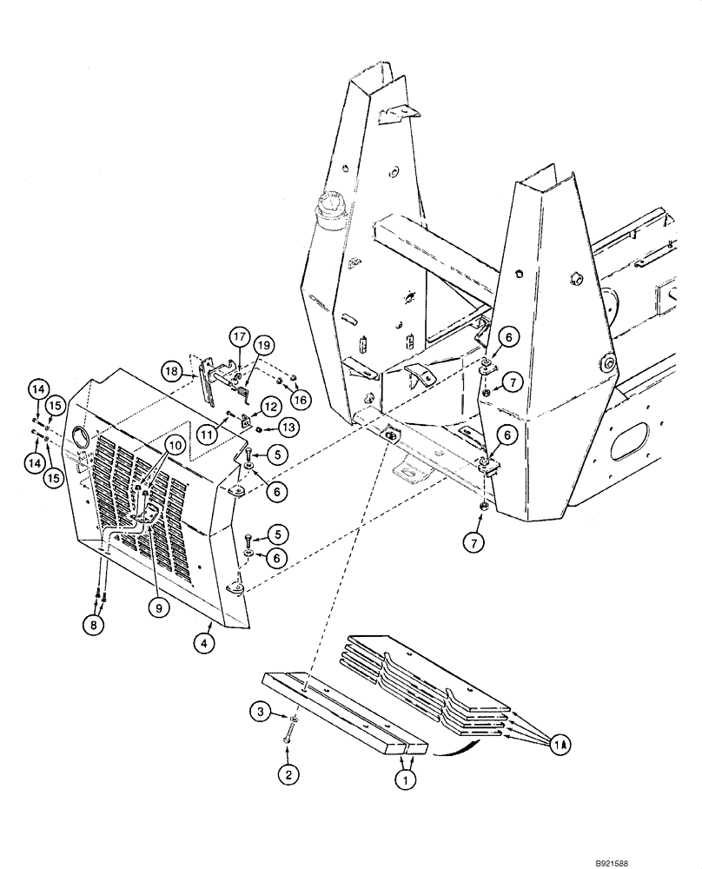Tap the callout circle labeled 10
tap(175, 445)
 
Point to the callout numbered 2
tap(288, 771)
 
